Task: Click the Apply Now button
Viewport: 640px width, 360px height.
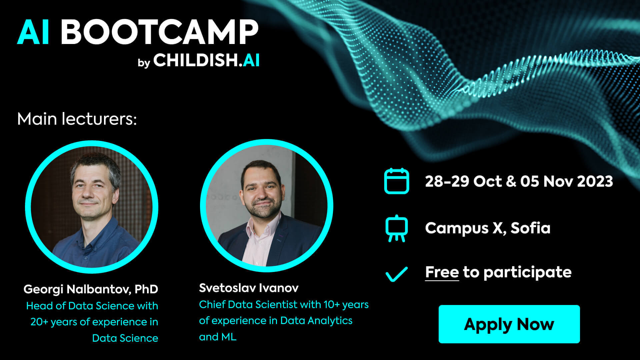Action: coord(509,324)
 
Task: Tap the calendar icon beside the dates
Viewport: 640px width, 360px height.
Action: coord(396,181)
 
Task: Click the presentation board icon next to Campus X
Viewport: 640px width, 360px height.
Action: coord(396,229)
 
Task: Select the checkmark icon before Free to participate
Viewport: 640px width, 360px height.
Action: coord(396,274)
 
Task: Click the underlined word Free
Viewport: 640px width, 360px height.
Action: coord(442,272)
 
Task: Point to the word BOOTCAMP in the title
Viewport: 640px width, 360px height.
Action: coord(159,32)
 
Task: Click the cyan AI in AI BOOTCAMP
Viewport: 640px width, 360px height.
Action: coord(34,32)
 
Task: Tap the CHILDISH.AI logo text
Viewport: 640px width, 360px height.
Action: coord(206,60)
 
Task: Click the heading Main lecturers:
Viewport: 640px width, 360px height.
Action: coord(77,119)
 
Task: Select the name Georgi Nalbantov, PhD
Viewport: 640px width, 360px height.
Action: coord(91,289)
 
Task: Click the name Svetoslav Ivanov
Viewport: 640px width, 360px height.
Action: coord(249,288)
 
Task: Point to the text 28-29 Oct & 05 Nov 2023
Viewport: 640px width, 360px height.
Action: coord(519,181)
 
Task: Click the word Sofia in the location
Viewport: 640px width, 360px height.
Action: coord(530,228)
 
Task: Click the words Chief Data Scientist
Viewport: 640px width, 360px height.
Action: coord(248,304)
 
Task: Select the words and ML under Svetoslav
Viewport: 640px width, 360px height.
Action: coord(218,337)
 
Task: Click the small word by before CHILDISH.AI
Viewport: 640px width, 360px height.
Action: coord(144,63)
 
